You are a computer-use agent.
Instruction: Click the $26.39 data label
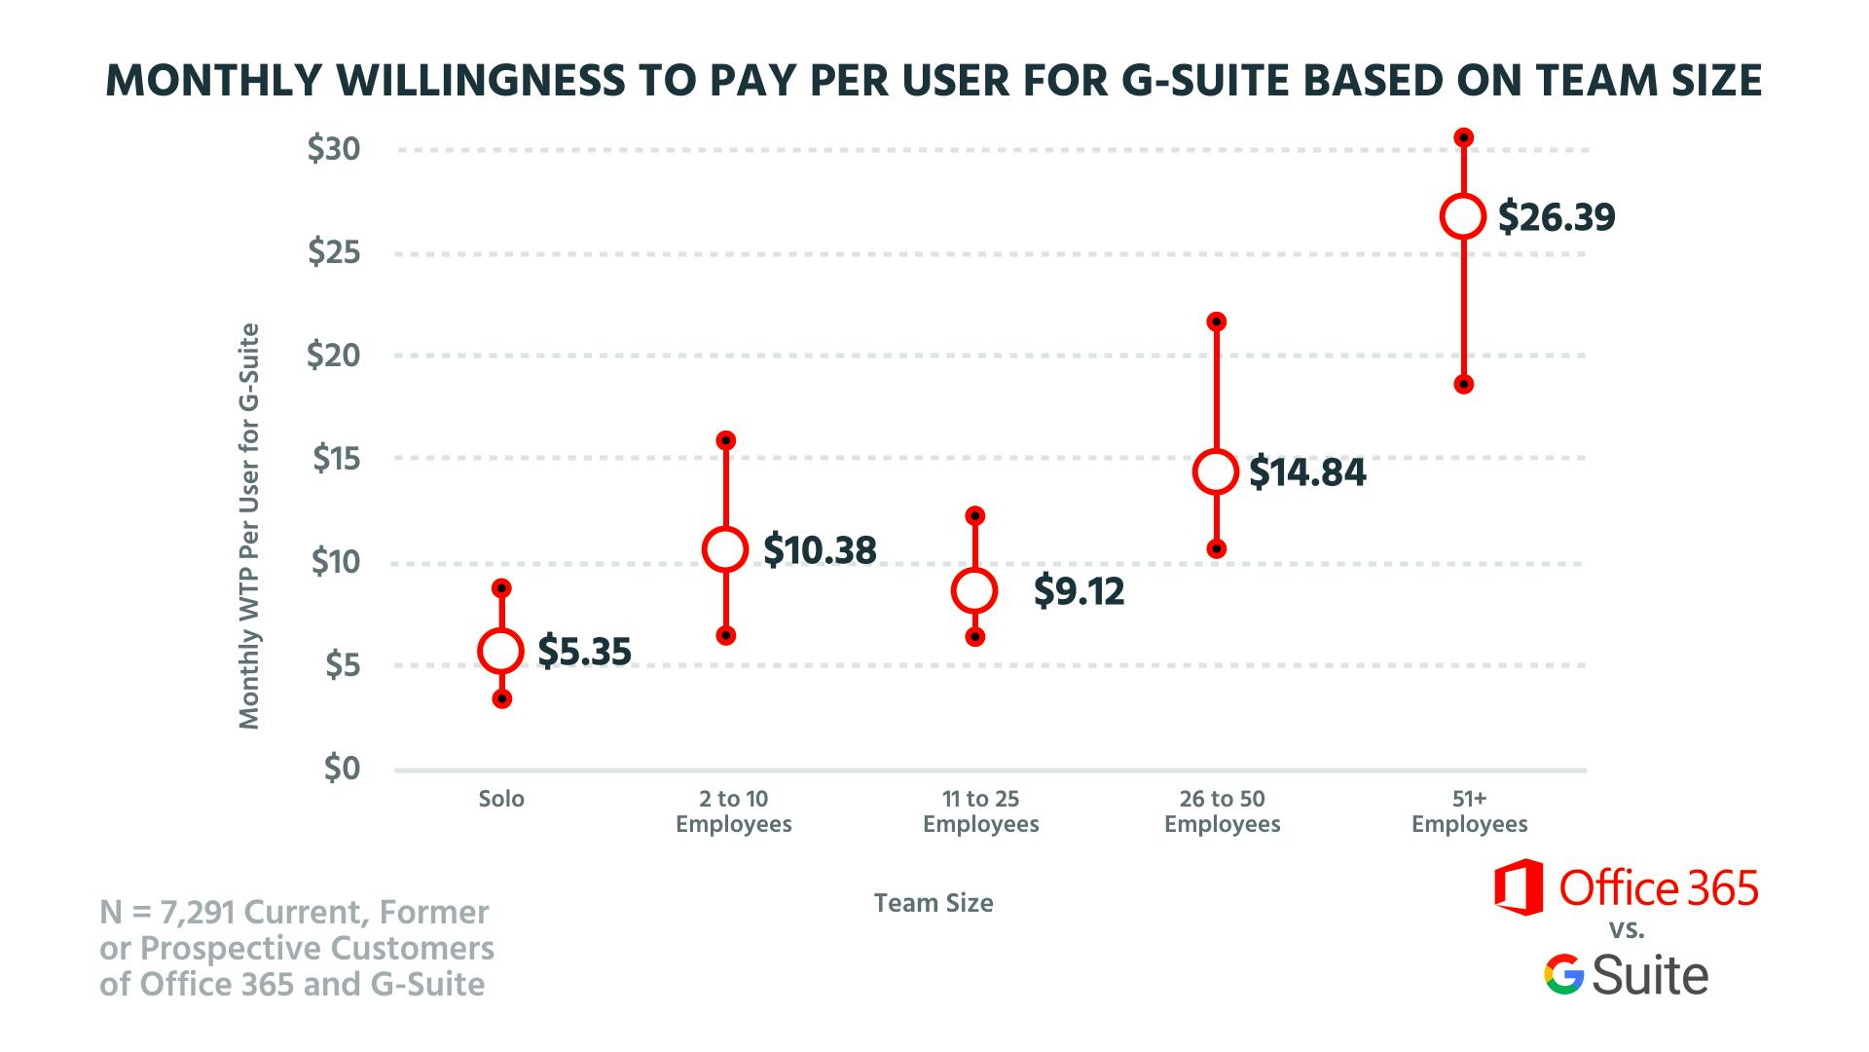1556,216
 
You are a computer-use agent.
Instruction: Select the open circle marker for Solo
501,651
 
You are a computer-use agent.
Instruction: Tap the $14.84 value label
1307,472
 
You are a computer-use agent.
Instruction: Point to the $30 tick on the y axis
334,149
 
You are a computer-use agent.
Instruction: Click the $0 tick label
341,769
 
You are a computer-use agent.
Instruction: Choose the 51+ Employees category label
1469,811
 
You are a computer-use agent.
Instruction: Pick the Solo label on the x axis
501,799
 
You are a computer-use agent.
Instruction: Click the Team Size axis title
934,903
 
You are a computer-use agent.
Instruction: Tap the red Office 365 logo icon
1519,887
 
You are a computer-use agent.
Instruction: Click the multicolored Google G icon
1563,975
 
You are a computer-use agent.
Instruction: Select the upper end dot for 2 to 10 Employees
725,440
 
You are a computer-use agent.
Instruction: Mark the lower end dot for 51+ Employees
1463,385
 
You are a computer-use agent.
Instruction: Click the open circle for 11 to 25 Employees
974,590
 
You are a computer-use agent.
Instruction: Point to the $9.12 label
1079,591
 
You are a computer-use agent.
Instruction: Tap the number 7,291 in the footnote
199,913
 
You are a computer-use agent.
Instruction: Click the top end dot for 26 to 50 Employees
1216,321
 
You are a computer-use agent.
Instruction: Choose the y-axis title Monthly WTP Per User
250,526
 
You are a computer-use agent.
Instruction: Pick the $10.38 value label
820,550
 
